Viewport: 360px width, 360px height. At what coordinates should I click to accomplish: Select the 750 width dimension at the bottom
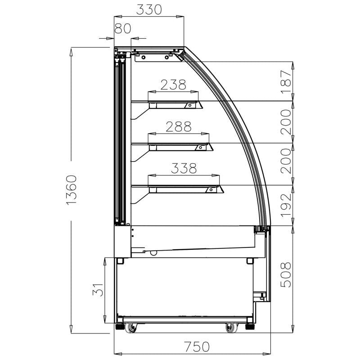click(x=197, y=347)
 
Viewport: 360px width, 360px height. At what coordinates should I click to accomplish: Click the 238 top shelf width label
click(x=173, y=85)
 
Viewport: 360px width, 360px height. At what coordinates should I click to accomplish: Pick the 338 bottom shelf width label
click(x=184, y=168)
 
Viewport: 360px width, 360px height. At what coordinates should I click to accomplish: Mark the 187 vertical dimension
click(x=286, y=81)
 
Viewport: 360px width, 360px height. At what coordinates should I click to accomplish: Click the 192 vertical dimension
click(x=286, y=205)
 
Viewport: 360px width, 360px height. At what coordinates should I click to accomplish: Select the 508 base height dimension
click(x=286, y=274)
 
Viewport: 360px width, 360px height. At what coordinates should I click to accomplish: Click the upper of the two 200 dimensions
click(x=286, y=121)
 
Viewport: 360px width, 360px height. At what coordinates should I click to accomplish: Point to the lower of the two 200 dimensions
click(x=286, y=163)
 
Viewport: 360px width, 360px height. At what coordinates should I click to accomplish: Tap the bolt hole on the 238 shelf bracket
click(x=190, y=105)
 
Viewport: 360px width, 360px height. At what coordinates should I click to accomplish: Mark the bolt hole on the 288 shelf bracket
click(x=199, y=147)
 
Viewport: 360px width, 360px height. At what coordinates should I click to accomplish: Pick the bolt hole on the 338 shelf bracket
click(x=210, y=190)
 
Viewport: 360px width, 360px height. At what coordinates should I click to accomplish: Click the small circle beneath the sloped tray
click(x=153, y=253)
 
